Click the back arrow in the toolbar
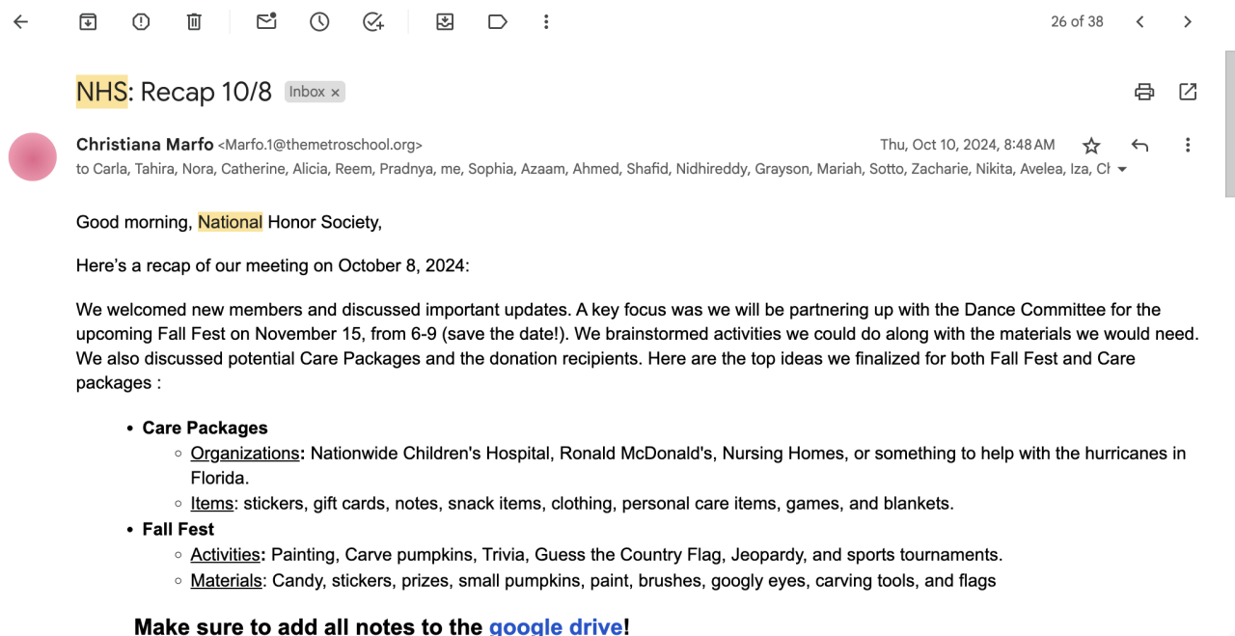point(21,22)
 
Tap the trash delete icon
point(194,22)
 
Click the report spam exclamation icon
point(141,22)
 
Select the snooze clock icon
point(319,22)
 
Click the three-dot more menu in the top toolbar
point(546,22)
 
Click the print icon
point(1144,93)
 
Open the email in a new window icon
point(1188,93)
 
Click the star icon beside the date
point(1091,146)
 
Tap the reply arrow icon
point(1139,146)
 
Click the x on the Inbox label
point(335,93)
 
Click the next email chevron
point(1188,22)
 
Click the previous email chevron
point(1140,22)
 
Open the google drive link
point(555,626)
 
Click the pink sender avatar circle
point(33,156)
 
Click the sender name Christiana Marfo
point(145,145)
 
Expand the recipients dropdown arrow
point(1121,170)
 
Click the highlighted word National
point(230,222)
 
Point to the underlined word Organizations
point(245,454)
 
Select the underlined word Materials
point(226,581)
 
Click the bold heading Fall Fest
point(178,529)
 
